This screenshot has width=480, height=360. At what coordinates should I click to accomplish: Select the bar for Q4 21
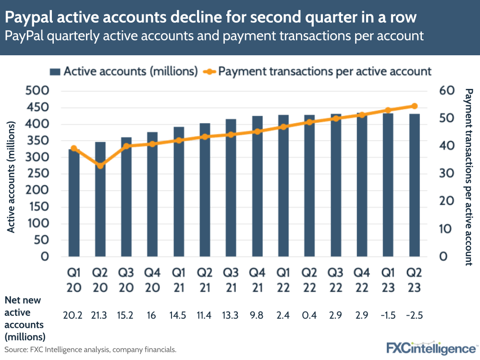(257, 186)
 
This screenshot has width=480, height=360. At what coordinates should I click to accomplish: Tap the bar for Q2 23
(414, 185)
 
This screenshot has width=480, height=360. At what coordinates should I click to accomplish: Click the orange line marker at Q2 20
(100, 166)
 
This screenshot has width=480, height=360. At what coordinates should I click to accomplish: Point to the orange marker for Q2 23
(414, 106)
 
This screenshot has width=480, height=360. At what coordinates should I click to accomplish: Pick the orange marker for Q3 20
(126, 146)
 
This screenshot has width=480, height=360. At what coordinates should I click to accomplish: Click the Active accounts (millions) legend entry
(124, 71)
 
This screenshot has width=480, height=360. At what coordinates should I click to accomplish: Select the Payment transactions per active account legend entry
(318, 71)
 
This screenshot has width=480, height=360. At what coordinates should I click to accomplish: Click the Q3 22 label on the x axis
(336, 280)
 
